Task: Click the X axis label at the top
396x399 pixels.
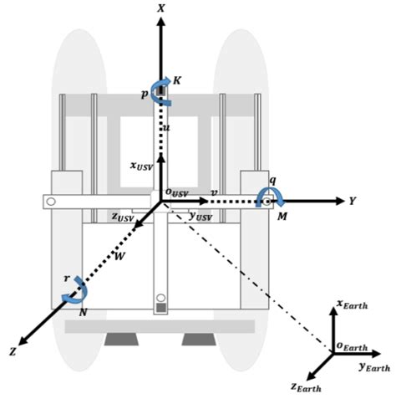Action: point(160,8)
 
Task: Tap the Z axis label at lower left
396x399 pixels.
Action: point(13,352)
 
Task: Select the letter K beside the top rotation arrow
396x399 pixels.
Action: point(176,80)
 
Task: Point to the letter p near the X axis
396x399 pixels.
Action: point(145,95)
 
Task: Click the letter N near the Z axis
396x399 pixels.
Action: point(82,311)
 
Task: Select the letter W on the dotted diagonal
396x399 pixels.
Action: point(119,255)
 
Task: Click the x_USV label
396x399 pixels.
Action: point(141,165)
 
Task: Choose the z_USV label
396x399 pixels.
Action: point(124,217)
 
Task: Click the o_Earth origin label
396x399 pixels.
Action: point(352,345)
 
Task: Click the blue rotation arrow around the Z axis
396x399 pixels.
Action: point(75,290)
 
